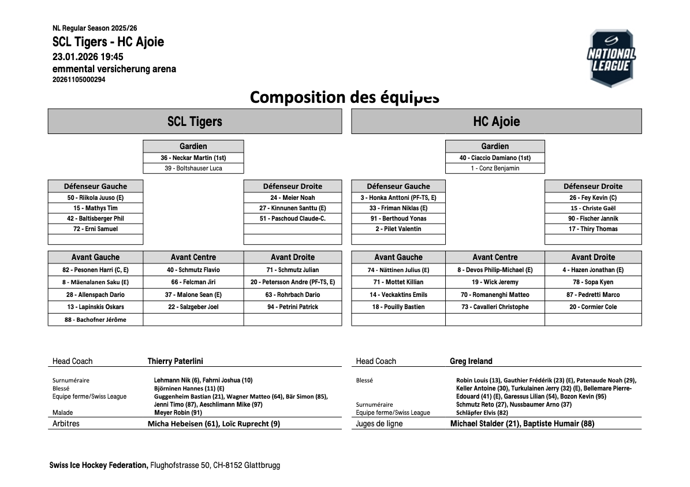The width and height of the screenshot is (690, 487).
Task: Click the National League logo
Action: (x=611, y=58)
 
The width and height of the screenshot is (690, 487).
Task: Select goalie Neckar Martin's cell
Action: (x=193, y=158)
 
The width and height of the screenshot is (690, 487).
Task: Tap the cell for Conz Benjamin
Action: (x=495, y=168)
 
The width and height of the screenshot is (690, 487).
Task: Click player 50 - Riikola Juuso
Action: (x=95, y=198)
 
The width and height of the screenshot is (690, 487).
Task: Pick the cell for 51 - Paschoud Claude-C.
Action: (x=293, y=218)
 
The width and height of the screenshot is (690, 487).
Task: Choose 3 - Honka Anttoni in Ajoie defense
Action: (x=398, y=198)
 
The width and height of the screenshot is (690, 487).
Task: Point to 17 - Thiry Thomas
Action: (x=593, y=229)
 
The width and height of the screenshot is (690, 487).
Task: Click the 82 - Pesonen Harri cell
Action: (x=95, y=270)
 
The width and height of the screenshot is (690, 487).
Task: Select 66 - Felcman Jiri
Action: (x=193, y=282)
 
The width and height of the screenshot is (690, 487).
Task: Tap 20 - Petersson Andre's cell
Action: (x=293, y=282)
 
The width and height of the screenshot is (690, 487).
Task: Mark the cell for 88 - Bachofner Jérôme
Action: (x=95, y=319)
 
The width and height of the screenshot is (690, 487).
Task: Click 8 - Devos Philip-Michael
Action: (x=495, y=270)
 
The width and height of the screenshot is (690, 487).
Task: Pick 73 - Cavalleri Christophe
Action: (x=495, y=307)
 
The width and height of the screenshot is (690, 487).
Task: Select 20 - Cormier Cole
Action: (x=593, y=307)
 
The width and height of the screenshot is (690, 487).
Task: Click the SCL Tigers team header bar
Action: (x=195, y=121)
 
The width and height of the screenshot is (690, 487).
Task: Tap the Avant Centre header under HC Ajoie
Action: (x=495, y=257)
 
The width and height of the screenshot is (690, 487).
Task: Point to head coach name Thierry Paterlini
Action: (x=176, y=361)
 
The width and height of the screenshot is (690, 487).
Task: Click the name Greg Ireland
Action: (x=471, y=361)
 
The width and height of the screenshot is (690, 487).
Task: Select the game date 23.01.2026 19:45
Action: (x=88, y=57)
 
